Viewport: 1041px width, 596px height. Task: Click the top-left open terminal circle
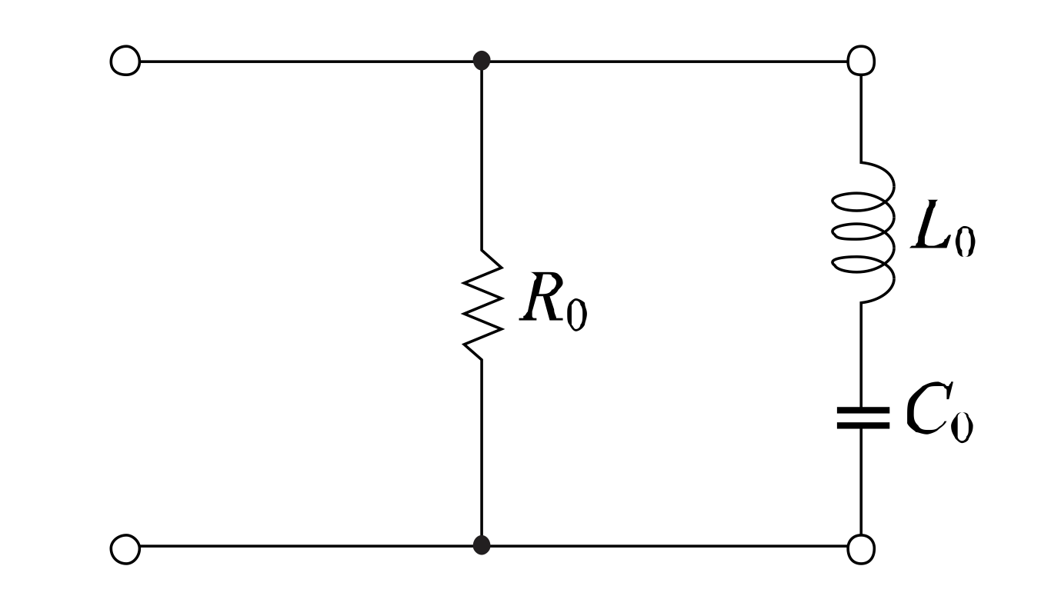point(125,60)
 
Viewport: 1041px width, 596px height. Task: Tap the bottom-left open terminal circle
point(125,547)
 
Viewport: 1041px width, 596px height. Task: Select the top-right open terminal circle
point(861,60)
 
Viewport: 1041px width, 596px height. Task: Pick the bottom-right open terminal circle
point(861,547)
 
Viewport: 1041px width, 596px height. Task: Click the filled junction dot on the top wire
point(482,60)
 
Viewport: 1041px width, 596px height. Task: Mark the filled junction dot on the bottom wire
point(482,546)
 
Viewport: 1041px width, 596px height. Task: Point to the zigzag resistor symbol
point(482,304)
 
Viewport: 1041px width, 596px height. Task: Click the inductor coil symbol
point(863,232)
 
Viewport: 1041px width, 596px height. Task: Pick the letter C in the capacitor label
point(923,412)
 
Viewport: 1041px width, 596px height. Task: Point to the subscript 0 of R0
point(576,314)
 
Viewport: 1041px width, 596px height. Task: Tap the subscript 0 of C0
point(961,426)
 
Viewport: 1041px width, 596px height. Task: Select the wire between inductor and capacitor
point(861,354)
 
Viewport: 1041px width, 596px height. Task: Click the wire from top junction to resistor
point(482,154)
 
